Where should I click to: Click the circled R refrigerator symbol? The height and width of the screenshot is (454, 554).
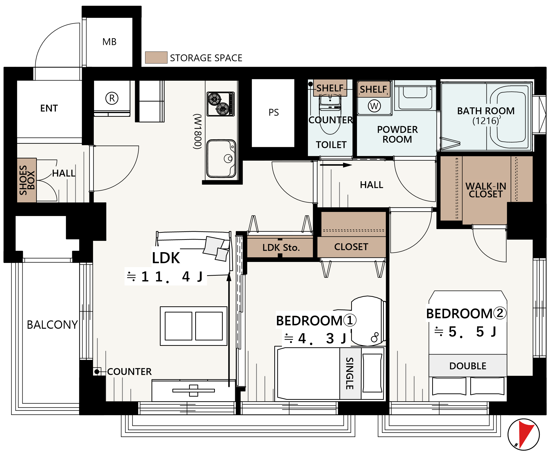click(x=112, y=98)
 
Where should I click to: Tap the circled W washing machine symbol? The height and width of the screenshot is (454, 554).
click(x=374, y=106)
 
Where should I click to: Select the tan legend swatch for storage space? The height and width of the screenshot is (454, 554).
click(x=156, y=58)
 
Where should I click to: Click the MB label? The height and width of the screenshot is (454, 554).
click(x=110, y=42)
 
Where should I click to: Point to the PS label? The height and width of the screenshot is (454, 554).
click(x=274, y=112)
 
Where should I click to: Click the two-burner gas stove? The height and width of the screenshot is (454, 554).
click(x=221, y=104)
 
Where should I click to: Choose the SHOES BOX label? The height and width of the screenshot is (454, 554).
click(x=27, y=180)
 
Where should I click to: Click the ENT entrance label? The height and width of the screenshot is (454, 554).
click(x=49, y=108)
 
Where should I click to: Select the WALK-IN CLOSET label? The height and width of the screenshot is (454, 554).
click(x=486, y=190)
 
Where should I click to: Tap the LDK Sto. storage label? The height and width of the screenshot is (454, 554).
click(x=281, y=247)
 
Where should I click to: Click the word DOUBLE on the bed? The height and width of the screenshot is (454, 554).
click(x=468, y=366)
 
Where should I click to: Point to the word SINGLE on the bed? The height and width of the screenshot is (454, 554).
click(x=350, y=373)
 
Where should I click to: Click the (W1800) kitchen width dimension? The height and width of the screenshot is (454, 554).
click(x=198, y=131)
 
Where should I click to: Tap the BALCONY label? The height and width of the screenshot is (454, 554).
click(x=52, y=324)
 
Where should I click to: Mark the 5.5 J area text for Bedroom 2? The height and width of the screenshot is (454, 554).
click(x=465, y=332)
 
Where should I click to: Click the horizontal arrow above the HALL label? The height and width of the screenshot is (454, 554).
click(x=336, y=165)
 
